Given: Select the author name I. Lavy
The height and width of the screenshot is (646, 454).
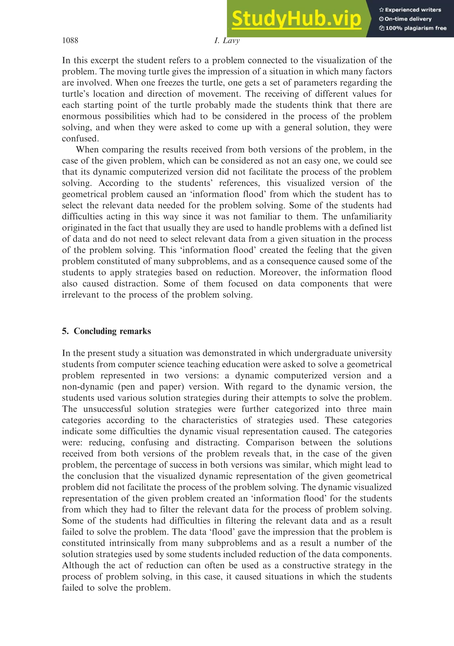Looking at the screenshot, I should (227, 40).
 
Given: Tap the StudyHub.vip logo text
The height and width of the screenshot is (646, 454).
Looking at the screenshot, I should (296, 19).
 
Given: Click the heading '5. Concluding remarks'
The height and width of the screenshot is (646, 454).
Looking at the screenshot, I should (107, 331).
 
